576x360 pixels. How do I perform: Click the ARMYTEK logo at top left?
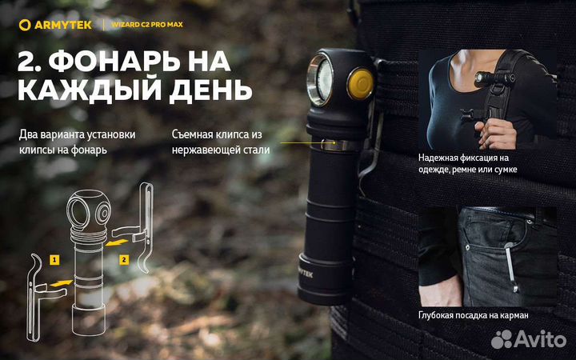(55, 25)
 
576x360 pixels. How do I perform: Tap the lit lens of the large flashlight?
(325, 79)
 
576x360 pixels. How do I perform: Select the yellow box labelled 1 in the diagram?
(54, 260)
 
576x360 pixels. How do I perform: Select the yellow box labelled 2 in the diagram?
(125, 259)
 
